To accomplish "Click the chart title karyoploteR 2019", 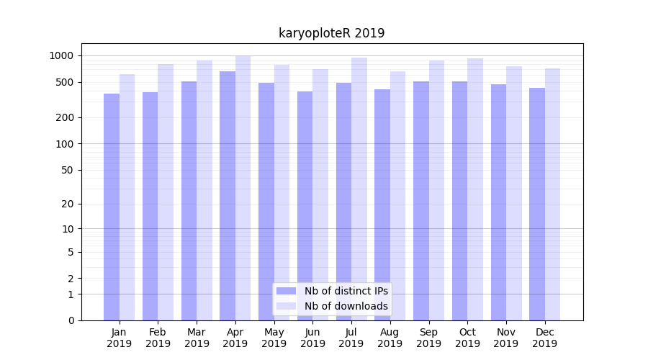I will point(331,33).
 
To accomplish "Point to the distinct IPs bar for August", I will point(382,205).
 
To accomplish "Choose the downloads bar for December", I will point(553,194).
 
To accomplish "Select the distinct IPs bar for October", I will point(459,201).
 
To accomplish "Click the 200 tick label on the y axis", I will point(66,117).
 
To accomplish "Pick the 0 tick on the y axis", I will point(71,320).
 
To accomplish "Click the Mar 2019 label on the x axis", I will point(197,338).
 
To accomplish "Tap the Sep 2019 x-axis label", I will point(428,338).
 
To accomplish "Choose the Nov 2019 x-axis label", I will point(506,338).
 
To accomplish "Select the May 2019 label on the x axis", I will point(274,338).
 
